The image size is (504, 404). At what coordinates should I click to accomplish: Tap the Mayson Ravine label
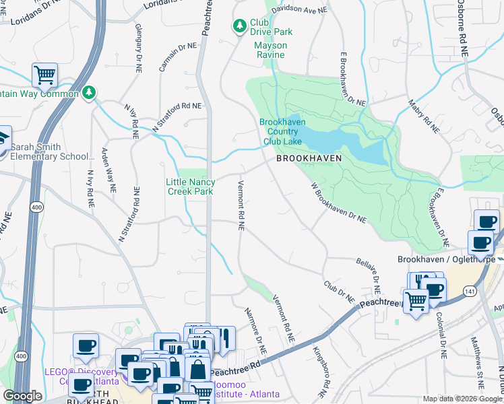tap(270, 50)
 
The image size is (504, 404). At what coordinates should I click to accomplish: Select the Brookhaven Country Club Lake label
tap(282, 132)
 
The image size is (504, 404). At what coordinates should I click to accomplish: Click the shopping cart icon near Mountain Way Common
tap(44, 75)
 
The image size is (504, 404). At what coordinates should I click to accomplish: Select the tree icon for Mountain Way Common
tap(88, 91)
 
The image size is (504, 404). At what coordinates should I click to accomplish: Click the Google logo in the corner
tap(22, 396)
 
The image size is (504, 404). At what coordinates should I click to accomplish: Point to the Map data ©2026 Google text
tap(462, 399)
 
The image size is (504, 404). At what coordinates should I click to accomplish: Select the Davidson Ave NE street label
tap(298, 10)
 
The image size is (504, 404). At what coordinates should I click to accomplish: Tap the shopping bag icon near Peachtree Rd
tap(198, 369)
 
